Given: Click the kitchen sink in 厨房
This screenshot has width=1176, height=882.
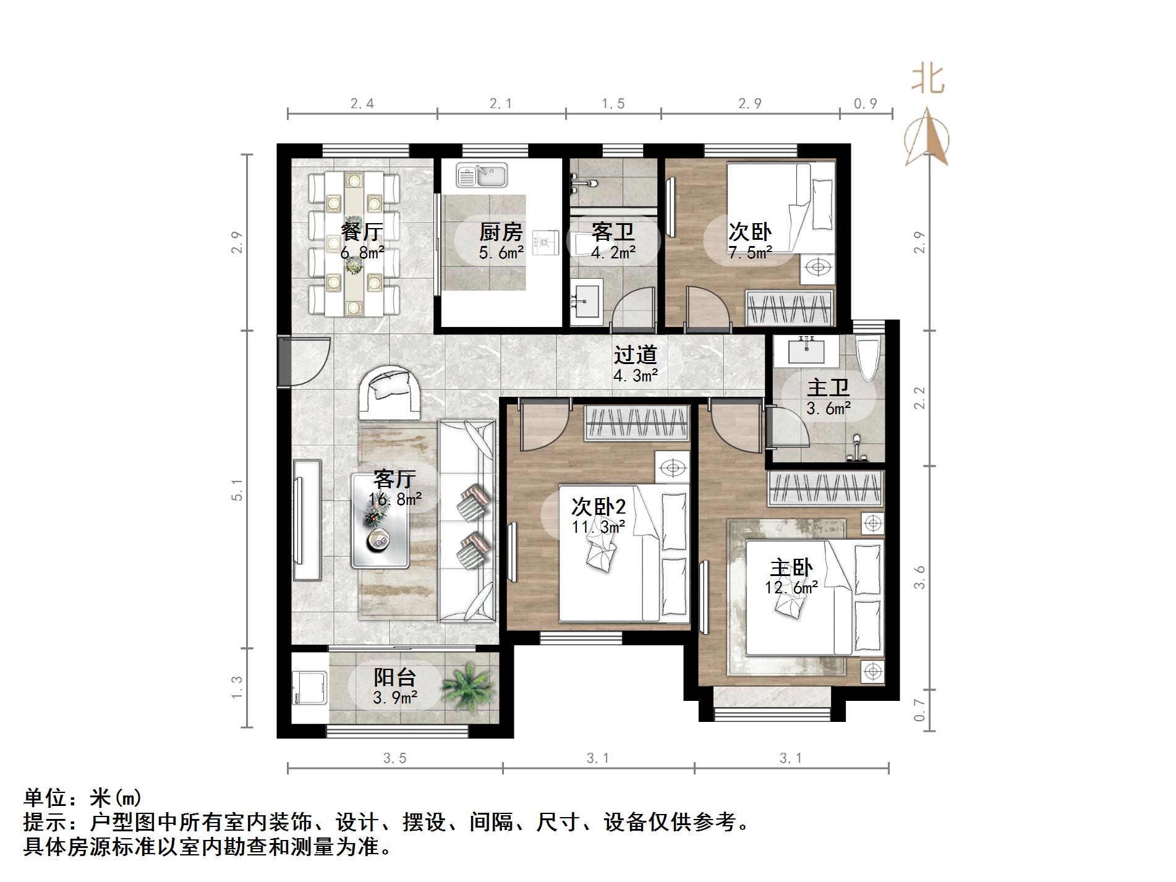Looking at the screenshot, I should point(482,175).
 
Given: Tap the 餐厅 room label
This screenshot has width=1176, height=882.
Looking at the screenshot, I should point(362,232).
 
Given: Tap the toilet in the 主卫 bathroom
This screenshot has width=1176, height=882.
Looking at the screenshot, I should point(868,359).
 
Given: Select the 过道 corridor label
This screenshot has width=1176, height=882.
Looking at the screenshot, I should point(635,355).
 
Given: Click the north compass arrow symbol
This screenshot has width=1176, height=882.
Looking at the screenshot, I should point(927,137).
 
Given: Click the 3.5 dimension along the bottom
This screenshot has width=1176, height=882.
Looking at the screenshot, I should point(394,758).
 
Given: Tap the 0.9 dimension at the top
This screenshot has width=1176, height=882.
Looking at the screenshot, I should point(866,104).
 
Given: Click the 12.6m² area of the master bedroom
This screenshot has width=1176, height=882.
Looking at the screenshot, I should point(791,588).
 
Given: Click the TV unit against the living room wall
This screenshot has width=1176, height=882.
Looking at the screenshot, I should point(307,520).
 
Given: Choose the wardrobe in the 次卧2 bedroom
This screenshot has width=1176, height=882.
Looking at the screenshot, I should point(637,422).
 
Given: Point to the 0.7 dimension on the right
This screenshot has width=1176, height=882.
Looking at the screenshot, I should point(919,710).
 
